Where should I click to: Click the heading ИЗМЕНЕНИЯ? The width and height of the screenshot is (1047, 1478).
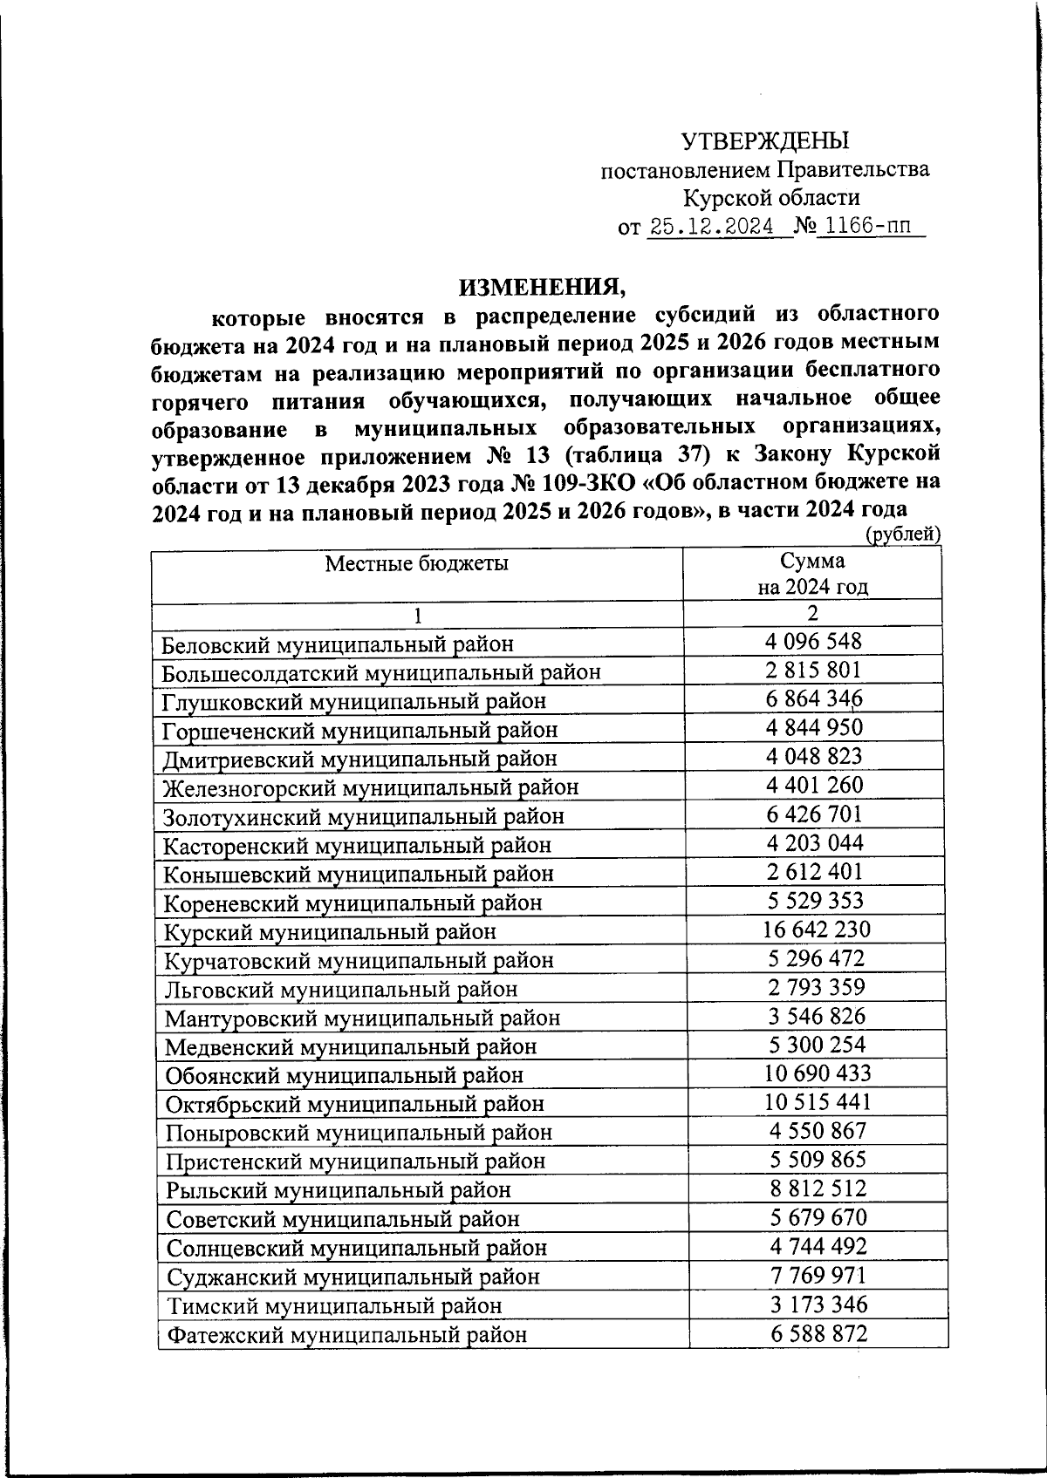(x=543, y=285)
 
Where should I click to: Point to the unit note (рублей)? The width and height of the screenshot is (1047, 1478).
(x=902, y=535)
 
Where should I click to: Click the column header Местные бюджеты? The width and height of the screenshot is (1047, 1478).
(x=416, y=563)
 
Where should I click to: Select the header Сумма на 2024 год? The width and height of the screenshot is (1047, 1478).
(x=812, y=573)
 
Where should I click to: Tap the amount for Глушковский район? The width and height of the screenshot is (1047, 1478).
(x=813, y=698)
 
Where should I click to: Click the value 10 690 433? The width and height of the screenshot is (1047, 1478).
(x=818, y=1073)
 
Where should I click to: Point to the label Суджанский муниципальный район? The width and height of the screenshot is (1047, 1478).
(x=352, y=1277)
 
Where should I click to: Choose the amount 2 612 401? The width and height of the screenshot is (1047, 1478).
(x=813, y=871)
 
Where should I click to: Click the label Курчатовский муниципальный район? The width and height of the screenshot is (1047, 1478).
(x=359, y=960)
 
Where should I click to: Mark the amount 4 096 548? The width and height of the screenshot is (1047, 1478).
(x=813, y=642)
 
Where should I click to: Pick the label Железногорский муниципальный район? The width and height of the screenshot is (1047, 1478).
(x=371, y=787)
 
